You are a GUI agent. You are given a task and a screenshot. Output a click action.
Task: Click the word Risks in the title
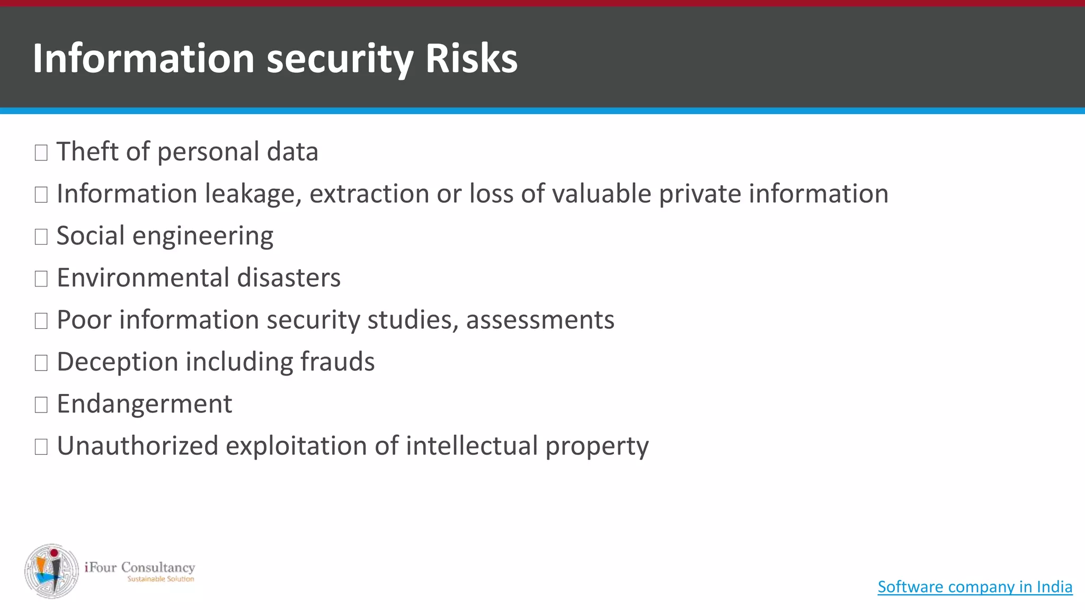[x=471, y=58]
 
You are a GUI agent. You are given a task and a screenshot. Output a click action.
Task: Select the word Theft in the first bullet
[x=87, y=151]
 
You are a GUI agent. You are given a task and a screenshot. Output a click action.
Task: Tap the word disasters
[x=289, y=277]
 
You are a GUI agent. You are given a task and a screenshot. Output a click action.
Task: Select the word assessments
[x=540, y=320]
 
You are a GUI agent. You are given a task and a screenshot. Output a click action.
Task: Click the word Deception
[x=117, y=362]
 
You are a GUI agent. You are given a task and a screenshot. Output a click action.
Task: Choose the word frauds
[x=337, y=362]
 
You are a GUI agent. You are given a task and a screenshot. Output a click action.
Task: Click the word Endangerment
[x=144, y=404]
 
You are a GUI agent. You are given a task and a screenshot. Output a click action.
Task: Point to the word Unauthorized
[x=137, y=446]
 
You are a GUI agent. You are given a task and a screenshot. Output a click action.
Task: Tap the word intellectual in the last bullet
[x=472, y=446]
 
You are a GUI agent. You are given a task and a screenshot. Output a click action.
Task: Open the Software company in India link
[x=975, y=587]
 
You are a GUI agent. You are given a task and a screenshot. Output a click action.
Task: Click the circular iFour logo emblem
[x=51, y=571]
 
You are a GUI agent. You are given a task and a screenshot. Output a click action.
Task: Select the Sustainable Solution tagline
[x=161, y=579]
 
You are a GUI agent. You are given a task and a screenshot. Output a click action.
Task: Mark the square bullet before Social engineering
[x=41, y=237]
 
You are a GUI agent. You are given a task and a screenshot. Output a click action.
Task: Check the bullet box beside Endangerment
[x=41, y=405]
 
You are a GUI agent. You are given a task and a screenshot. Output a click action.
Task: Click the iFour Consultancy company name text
[x=140, y=567]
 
